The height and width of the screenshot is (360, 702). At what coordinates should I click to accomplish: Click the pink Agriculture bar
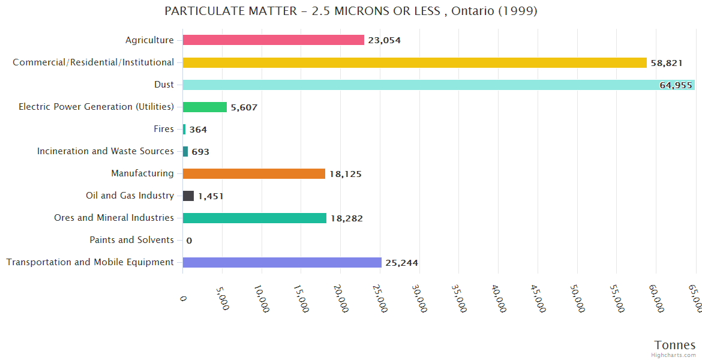(273, 40)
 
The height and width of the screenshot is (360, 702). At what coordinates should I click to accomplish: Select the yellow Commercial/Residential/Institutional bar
(414, 62)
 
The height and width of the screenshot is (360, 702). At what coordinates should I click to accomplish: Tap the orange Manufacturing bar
(253, 174)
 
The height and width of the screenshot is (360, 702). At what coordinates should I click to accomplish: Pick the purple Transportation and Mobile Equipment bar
(281, 263)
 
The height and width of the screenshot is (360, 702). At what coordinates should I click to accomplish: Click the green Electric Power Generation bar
(205, 107)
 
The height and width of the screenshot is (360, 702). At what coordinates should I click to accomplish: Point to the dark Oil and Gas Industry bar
(188, 196)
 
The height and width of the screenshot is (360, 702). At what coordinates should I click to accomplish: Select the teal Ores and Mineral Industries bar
(254, 218)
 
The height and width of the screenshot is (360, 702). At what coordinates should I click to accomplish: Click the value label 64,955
(676, 85)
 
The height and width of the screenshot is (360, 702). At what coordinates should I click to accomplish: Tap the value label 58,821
(667, 63)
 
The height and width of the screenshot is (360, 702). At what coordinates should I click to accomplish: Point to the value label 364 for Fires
(198, 130)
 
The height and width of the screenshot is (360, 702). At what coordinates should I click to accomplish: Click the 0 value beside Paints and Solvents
(189, 241)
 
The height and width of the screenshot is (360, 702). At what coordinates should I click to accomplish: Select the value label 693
(200, 152)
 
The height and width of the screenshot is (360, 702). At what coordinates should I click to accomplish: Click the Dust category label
(164, 85)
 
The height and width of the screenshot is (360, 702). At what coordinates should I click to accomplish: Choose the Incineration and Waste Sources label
(105, 151)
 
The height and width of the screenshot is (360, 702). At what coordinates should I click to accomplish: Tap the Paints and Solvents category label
(131, 240)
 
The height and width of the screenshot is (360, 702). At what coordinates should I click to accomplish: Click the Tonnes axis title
(674, 345)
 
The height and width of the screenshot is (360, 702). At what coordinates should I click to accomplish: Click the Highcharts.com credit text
(674, 355)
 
